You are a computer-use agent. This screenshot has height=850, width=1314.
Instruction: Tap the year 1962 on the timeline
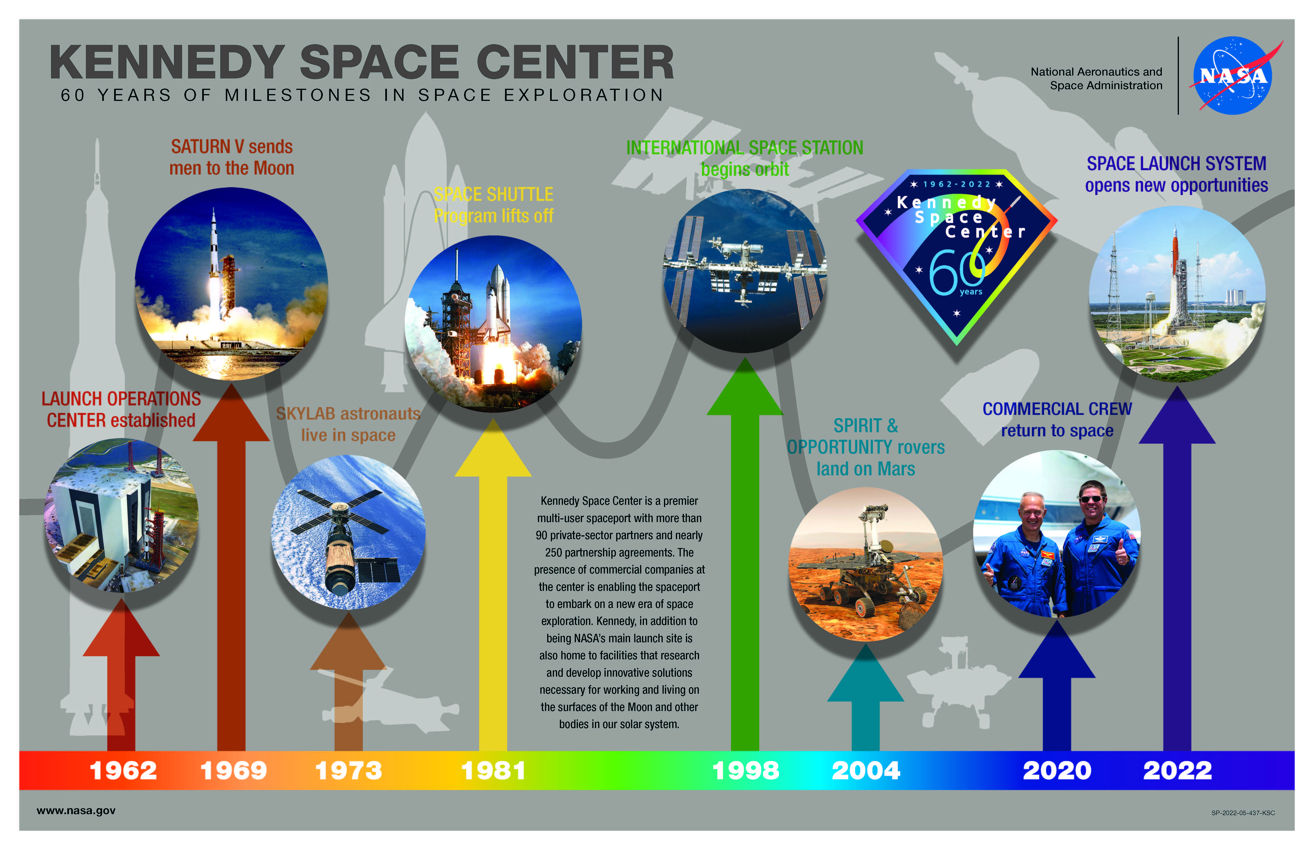[123, 771]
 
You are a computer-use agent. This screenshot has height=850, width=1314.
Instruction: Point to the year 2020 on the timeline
[1057, 771]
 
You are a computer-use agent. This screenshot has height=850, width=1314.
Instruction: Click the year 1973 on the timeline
[348, 771]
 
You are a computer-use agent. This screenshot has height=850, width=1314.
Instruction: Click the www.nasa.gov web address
[76, 811]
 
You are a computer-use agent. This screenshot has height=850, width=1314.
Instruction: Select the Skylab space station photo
[348, 532]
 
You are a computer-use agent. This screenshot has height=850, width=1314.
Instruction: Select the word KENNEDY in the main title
[167, 62]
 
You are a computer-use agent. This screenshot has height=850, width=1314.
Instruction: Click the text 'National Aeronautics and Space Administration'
[1097, 78]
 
